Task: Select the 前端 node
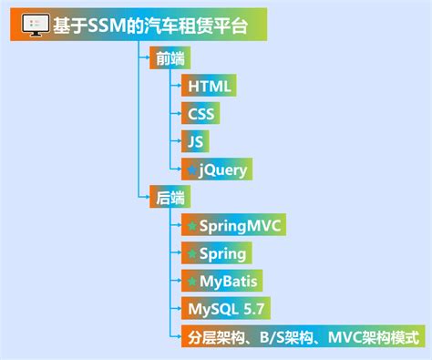tap(163, 57)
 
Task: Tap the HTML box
tap(210, 87)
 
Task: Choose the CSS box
tap(201, 114)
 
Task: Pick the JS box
tap(195, 141)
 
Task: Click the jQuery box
tap(213, 169)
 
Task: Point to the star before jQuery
tap(190, 170)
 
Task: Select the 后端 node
tap(163, 197)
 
